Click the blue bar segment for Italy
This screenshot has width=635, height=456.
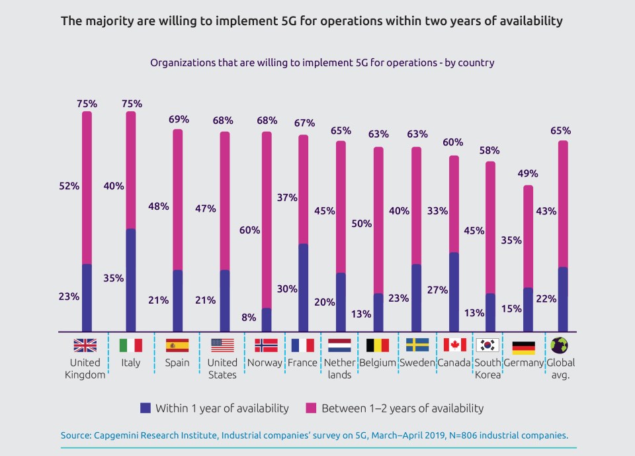131,280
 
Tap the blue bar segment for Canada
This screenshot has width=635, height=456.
454,292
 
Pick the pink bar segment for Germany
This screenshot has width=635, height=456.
527,236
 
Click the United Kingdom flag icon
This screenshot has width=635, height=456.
85,345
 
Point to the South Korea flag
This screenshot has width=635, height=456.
487,345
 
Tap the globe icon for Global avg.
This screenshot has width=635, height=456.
560,345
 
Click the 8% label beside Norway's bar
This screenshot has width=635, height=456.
249,317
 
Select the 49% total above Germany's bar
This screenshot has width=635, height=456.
527,174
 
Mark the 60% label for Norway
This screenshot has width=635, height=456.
249,230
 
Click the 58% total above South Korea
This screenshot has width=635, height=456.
489,150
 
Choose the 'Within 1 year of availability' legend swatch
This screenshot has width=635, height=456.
146,408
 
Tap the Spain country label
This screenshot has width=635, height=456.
177,363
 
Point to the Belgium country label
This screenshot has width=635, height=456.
377,363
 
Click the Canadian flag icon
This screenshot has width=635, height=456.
454,345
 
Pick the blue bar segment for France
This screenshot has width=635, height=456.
303,287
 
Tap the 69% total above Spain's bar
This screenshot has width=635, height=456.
179,120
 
